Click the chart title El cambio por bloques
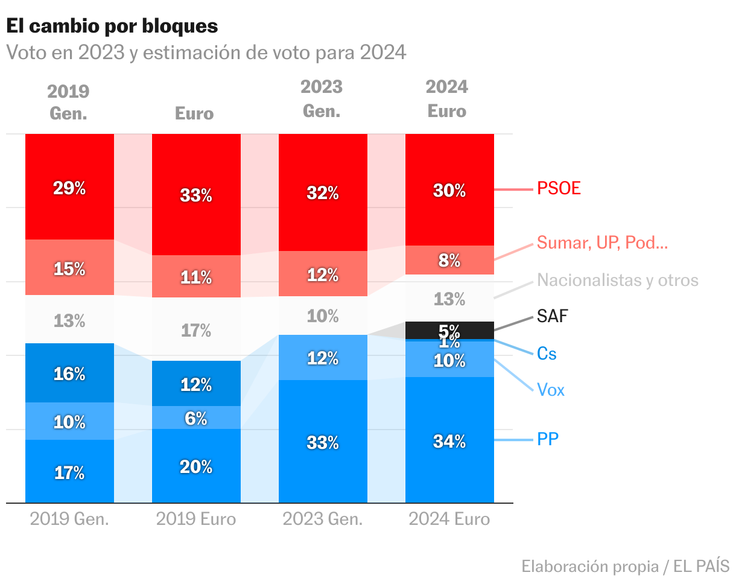[112, 26]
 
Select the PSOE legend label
[559, 188]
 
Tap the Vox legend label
[551, 390]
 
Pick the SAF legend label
[553, 316]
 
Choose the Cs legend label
[547, 354]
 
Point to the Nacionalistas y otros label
[618, 280]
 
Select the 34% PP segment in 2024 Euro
[449, 440]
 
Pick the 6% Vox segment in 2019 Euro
[196, 417]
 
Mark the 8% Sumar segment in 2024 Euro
[449, 260]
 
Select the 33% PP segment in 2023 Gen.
[323, 442]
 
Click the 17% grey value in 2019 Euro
[196, 330]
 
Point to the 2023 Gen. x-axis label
[323, 519]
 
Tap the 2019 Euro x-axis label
[196, 519]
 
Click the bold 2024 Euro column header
[447, 99]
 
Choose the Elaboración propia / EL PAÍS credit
[625, 567]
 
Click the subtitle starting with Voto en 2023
[206, 52]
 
